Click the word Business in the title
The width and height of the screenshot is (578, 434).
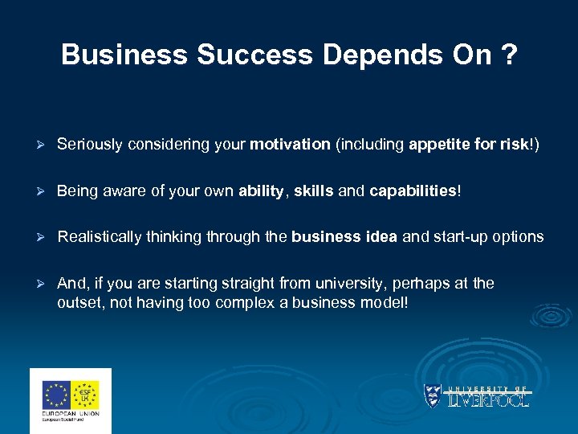coord(124,55)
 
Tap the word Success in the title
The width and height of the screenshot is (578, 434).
coord(246,55)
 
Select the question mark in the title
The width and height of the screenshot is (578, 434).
coord(510,55)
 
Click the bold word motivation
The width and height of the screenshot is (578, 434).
coord(290,145)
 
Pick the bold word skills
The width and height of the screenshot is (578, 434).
coord(314,191)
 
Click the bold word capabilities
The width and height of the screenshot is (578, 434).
coord(413,191)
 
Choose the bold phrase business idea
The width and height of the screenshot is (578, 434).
coord(344,237)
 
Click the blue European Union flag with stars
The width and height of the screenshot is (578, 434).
coord(58,394)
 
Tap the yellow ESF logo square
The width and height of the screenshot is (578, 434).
coord(85,394)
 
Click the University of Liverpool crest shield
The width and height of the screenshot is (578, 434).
coord(432,395)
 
